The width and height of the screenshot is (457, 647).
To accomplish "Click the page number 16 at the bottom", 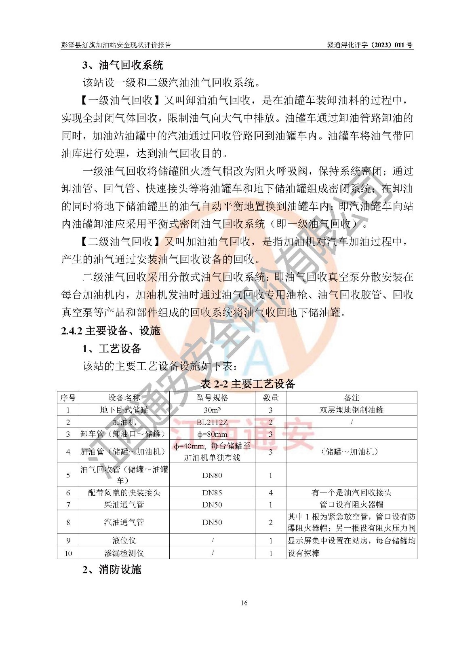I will [244, 603].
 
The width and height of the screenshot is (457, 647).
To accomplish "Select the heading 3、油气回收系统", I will [123, 65].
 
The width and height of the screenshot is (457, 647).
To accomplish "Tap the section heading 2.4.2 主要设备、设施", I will [111, 331].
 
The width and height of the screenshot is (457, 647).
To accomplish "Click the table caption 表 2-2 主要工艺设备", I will [248, 384].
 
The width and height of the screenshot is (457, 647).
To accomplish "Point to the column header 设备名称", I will [124, 398].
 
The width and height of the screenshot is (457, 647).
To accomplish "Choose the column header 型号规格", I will [212, 398].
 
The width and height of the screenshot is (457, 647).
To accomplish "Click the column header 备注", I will [352, 398].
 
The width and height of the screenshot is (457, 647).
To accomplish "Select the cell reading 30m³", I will [212, 410].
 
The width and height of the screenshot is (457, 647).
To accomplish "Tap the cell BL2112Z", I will [212, 422].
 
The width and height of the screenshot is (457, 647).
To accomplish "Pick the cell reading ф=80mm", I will [212, 434].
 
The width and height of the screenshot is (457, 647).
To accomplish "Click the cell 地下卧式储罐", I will [124, 410].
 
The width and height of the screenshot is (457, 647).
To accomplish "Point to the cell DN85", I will [212, 493].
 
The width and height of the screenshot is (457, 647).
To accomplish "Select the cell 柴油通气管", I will [124, 505].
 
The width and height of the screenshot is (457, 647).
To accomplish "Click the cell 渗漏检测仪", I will [124, 553].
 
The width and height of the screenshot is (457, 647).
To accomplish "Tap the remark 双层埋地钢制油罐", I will [352, 410].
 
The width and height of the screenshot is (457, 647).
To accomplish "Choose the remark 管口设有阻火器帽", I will [352, 505].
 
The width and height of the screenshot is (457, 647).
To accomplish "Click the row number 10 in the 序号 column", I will [68, 553].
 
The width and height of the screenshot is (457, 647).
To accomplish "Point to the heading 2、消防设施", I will [112, 570].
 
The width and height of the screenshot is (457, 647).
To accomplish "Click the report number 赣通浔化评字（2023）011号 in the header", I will [370, 45].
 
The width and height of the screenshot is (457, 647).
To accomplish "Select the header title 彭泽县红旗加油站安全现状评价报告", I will [116, 45].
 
